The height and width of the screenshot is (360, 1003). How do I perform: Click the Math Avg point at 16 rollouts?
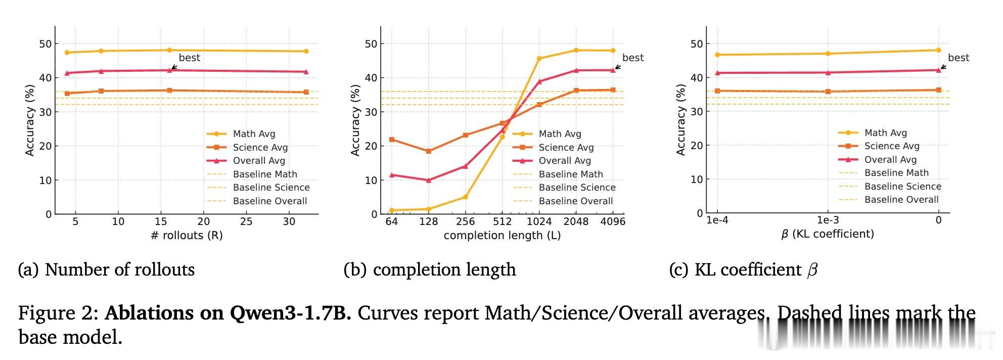(x=169, y=50)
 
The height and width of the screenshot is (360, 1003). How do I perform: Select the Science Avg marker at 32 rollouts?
(x=306, y=92)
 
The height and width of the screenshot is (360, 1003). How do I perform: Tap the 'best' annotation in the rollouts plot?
(x=190, y=58)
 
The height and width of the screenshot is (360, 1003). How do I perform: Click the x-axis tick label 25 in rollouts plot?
(x=246, y=221)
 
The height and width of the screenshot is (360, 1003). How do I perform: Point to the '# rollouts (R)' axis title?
(x=187, y=236)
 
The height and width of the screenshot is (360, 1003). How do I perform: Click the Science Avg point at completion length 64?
(x=391, y=140)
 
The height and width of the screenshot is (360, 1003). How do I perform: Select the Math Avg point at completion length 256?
(x=465, y=197)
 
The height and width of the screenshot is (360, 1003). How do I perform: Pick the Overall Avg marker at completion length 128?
(x=429, y=180)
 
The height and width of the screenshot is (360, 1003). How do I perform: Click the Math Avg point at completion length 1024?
(x=539, y=59)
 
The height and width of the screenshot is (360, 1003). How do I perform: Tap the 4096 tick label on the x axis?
(x=613, y=221)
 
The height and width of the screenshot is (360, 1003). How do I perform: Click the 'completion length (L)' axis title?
(x=502, y=236)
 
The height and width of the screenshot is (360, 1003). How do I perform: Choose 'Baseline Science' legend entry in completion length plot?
(x=577, y=188)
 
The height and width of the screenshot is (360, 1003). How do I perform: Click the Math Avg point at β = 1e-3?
(x=828, y=54)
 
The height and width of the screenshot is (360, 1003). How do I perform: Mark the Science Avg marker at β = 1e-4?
(x=717, y=91)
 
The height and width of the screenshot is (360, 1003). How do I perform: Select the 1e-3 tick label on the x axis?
(x=828, y=220)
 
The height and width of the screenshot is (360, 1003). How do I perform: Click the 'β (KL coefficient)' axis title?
(x=828, y=234)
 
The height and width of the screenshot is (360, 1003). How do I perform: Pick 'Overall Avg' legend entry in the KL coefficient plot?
(x=890, y=160)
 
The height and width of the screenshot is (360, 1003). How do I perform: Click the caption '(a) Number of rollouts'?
(x=106, y=269)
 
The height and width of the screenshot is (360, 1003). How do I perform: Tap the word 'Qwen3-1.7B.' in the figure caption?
(x=290, y=313)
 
